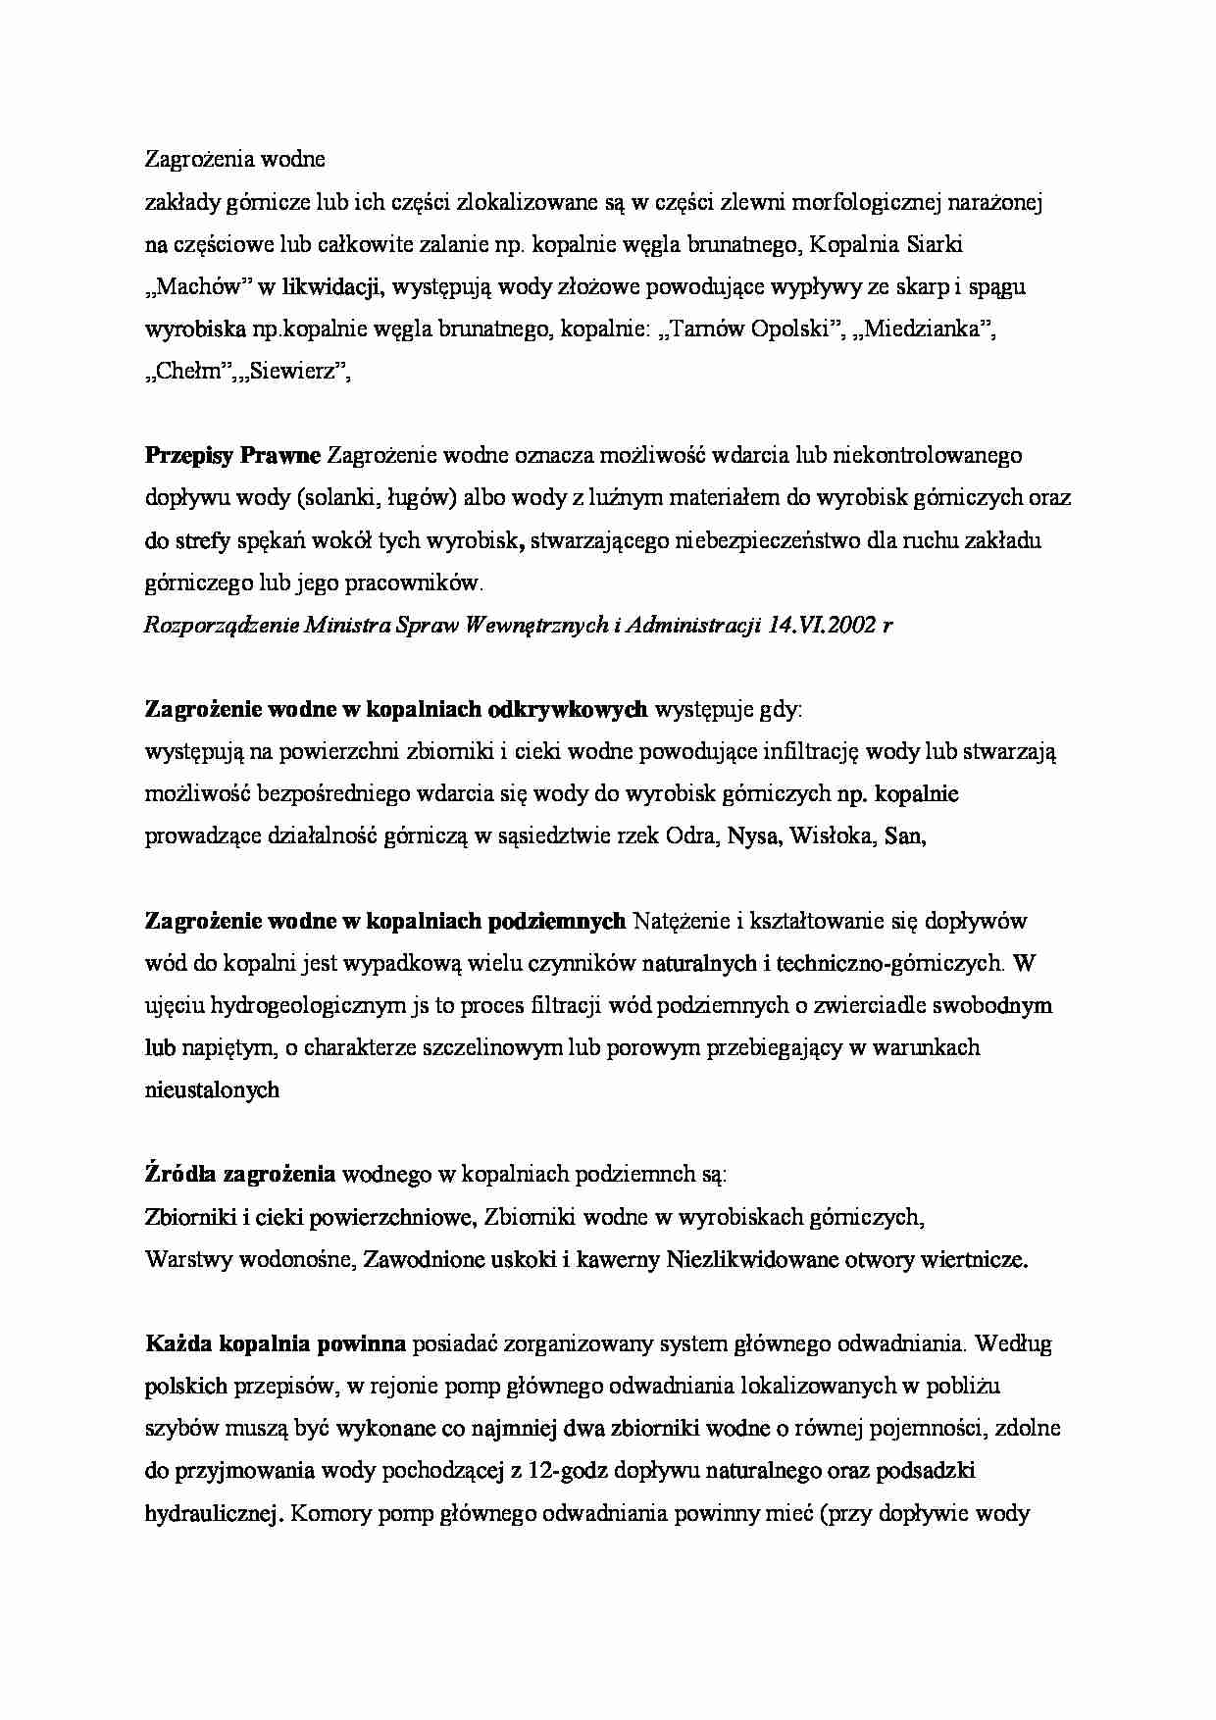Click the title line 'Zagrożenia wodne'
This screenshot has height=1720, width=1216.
coord(234,159)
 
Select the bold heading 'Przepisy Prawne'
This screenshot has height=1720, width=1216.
coord(232,455)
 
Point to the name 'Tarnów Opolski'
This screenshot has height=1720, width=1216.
coord(750,329)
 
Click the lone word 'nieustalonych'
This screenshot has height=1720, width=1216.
coord(212,1089)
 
